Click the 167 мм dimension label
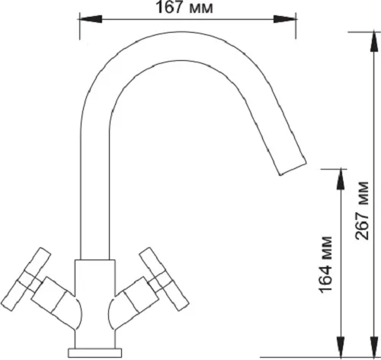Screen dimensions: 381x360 (x=184, y=8)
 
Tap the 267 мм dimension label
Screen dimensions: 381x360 (x=362, y=211)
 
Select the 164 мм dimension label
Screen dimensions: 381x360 (x=325, y=265)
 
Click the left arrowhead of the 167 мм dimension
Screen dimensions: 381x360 (x=91, y=19)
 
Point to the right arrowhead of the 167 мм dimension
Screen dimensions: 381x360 (x=284, y=19)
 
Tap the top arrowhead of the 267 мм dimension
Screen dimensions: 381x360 (x=373, y=42)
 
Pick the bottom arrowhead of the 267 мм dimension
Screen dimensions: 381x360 (x=373, y=347)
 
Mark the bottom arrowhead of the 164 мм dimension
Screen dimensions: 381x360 (x=341, y=347)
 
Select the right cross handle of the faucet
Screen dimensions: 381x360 (x=164, y=279)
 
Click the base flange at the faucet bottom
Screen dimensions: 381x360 (x=94, y=353)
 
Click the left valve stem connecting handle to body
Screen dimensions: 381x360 (x=52, y=295)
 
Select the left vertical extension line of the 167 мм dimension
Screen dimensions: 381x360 (x=80, y=26)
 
